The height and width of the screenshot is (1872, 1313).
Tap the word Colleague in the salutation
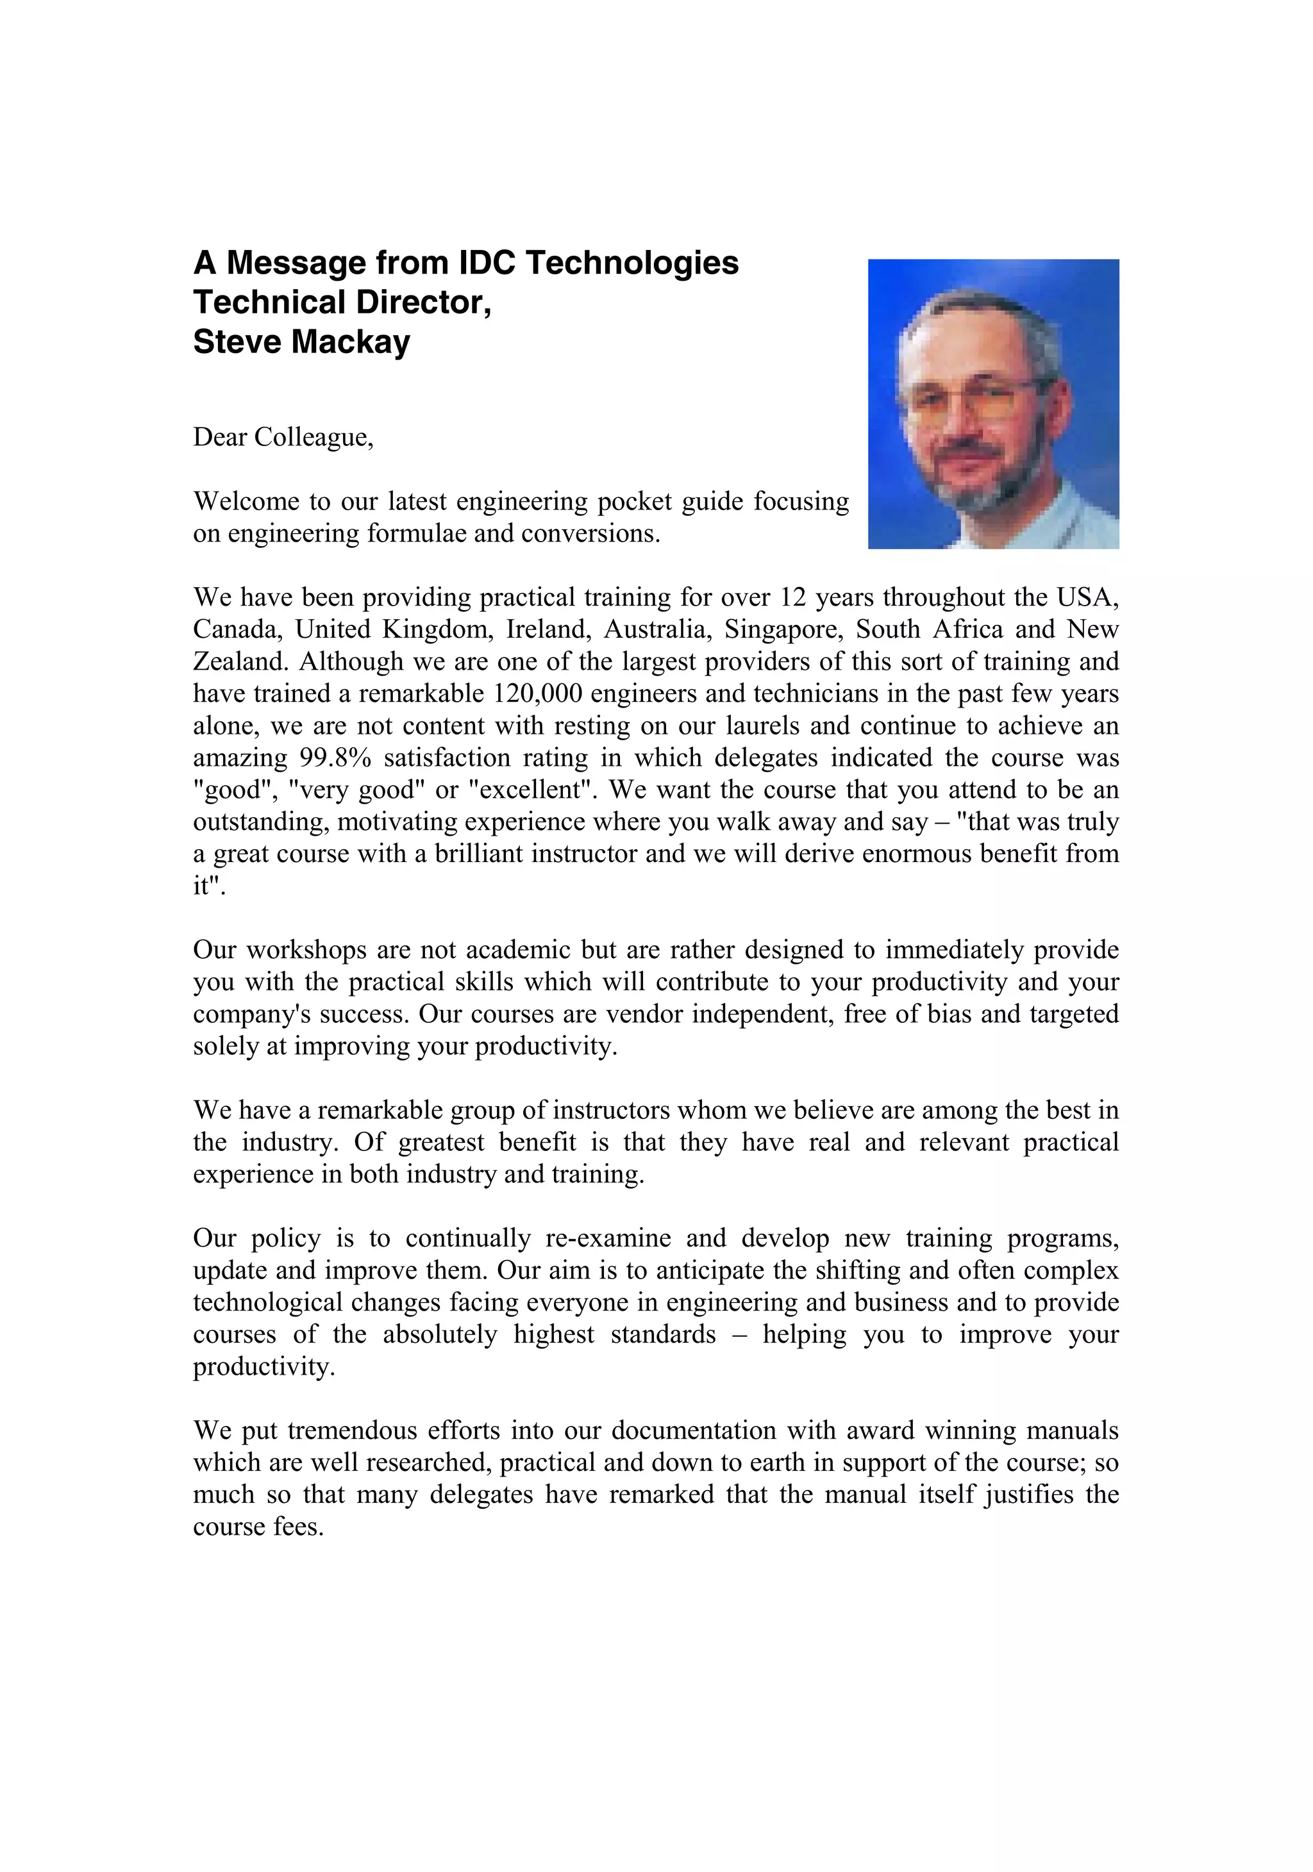click(x=313, y=438)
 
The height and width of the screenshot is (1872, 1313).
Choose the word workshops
click(x=299, y=950)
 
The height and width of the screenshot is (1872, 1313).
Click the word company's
click(x=244, y=1015)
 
